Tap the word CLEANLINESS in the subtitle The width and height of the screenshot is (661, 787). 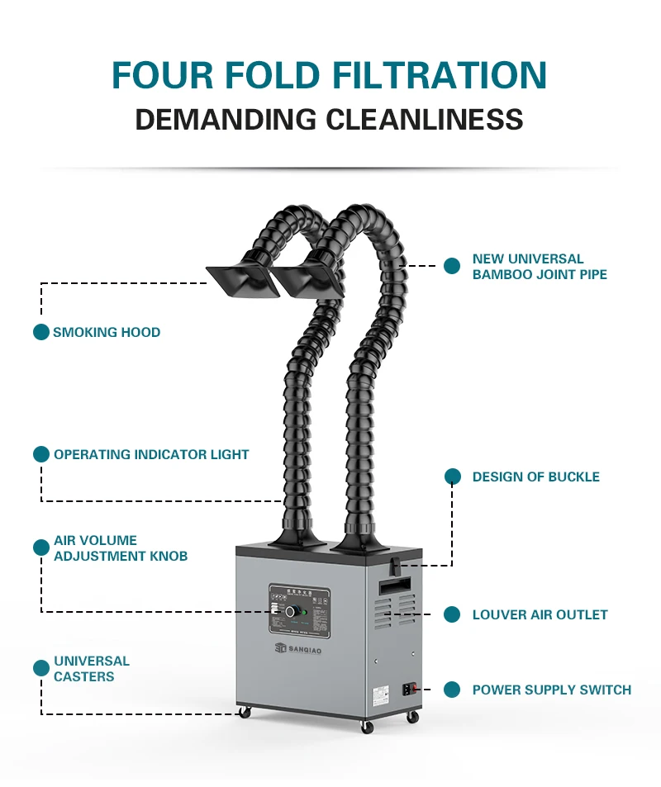(x=424, y=119)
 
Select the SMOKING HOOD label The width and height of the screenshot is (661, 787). (x=107, y=332)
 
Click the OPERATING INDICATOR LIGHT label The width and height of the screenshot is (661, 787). (x=151, y=454)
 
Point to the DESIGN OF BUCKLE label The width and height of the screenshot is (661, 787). (x=535, y=476)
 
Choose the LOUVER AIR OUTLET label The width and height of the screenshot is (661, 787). (x=540, y=614)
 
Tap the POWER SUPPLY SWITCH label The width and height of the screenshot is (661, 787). (x=551, y=690)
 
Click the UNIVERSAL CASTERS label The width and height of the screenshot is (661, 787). (x=92, y=669)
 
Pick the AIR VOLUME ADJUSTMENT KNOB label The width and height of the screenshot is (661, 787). (x=121, y=548)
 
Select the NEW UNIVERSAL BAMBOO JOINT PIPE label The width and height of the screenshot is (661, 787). (x=540, y=267)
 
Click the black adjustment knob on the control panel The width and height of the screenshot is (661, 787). (x=291, y=612)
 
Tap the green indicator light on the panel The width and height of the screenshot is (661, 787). (x=306, y=613)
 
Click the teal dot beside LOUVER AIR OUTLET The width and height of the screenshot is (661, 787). (x=452, y=614)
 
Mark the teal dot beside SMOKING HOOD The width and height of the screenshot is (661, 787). (x=41, y=332)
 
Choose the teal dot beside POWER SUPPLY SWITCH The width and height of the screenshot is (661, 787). (x=452, y=690)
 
